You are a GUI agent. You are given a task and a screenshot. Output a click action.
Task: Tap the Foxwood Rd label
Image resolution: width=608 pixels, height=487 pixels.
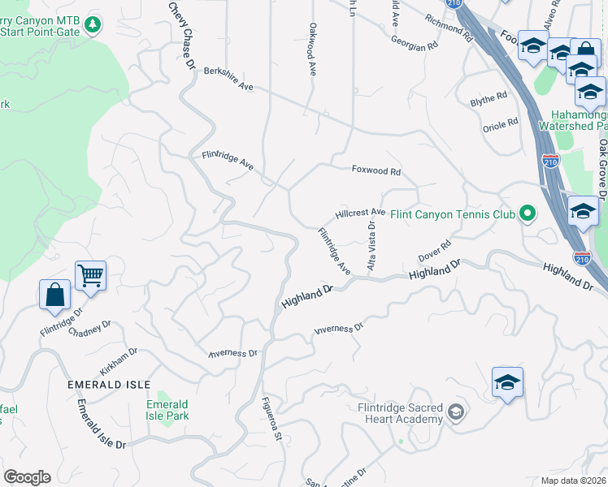tap(376, 171)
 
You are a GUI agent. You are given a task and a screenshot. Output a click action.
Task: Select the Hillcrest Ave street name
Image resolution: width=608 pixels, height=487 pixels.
tap(360, 213)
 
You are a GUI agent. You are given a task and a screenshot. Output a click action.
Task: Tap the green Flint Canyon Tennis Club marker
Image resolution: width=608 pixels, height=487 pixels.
tap(528, 214)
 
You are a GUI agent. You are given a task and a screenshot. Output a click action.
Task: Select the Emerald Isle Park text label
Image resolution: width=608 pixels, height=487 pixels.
tap(167, 411)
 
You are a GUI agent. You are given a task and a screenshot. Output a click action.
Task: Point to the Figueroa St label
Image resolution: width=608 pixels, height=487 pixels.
tap(271, 419)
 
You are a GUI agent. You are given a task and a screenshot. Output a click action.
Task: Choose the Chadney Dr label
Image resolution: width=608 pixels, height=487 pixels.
tap(89, 329)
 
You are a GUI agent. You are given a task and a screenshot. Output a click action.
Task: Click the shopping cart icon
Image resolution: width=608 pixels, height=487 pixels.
tap(90, 276)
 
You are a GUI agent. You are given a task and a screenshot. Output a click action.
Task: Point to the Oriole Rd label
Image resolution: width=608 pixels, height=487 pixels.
tap(501, 123)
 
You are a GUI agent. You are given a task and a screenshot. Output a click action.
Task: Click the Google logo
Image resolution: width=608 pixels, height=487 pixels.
tap(27, 477)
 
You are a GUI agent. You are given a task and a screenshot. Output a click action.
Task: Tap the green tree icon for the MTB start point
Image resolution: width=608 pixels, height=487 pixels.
tap(94, 25)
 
